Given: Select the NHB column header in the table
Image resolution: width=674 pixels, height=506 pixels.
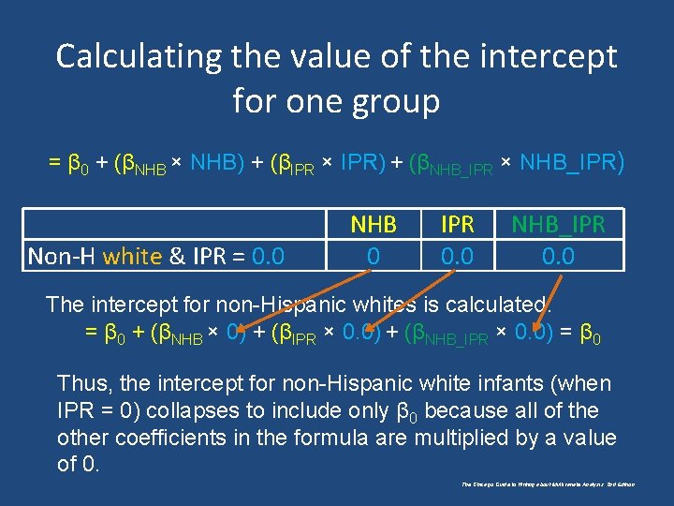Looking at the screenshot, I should [x=373, y=225].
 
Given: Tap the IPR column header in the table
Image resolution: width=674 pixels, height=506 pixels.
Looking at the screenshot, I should [x=458, y=225].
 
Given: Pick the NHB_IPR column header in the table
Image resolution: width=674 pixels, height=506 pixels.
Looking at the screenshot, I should [x=558, y=225].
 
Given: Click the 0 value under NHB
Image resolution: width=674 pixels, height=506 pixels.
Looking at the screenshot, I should [x=373, y=255].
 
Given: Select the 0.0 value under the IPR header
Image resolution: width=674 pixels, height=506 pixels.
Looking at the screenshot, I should [x=458, y=255].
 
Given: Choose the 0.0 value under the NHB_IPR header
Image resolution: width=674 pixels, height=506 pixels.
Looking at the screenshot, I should [x=558, y=255].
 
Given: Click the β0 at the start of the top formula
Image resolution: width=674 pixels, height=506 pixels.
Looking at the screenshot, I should [x=80, y=165].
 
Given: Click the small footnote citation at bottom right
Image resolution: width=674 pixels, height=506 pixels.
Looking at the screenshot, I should [x=548, y=484].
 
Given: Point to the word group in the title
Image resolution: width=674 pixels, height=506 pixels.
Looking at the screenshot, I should [x=393, y=100].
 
